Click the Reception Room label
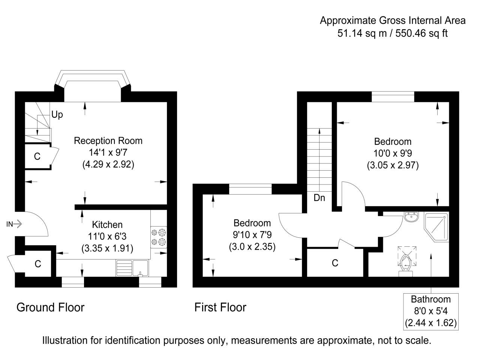click(108, 141)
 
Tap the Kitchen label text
click(107, 225)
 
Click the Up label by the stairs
click(57, 115)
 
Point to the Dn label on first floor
click(319, 198)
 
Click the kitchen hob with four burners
click(158, 237)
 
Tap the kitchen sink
click(140, 268)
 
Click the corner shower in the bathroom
click(436, 226)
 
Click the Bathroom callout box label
click(430, 299)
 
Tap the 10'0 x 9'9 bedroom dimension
click(393, 153)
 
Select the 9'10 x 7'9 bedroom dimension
click(252, 235)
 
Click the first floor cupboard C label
click(335, 263)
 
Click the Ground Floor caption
click(50, 307)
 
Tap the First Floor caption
click(220, 307)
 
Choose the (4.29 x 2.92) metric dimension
click(108, 164)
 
